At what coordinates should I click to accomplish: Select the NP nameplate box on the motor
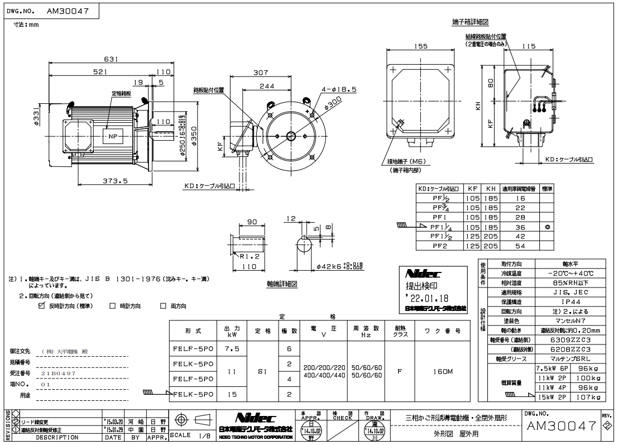pyautogui.click(x=112, y=135)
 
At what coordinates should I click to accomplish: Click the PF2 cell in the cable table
pyautogui.click(x=441, y=245)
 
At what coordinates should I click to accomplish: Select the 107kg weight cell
pyautogui.click(x=588, y=397)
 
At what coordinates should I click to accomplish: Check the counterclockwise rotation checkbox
pyautogui.click(x=41, y=306)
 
